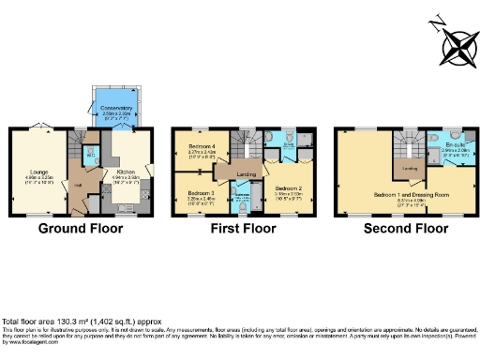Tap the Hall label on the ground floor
tap(79, 186)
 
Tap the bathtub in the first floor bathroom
tap(240, 200)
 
